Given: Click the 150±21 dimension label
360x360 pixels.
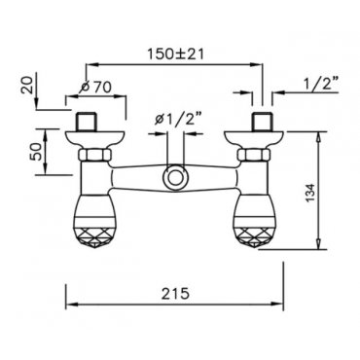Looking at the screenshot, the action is pos(175,54).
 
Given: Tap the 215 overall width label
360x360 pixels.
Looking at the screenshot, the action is pos(175,294).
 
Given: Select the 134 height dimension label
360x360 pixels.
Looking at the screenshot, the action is pos(310,193).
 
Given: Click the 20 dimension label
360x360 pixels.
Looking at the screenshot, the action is pos(27,86).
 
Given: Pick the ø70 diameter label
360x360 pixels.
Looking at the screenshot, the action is pos(95,87).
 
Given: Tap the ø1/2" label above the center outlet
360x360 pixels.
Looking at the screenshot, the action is pos(178,120).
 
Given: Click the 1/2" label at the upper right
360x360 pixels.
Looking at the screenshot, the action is pos(319,86).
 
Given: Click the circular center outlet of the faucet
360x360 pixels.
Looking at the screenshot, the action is pos(175,177).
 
